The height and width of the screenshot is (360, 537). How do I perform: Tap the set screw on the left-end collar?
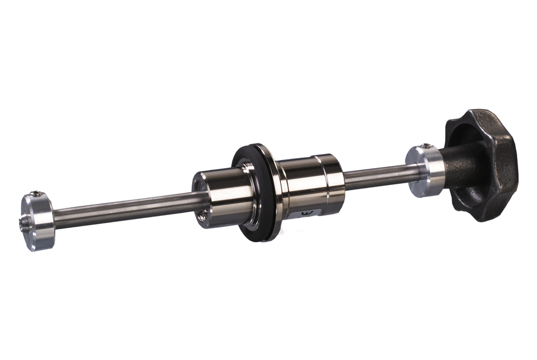[36, 194]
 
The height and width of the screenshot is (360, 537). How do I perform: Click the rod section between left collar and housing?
[124, 207]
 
